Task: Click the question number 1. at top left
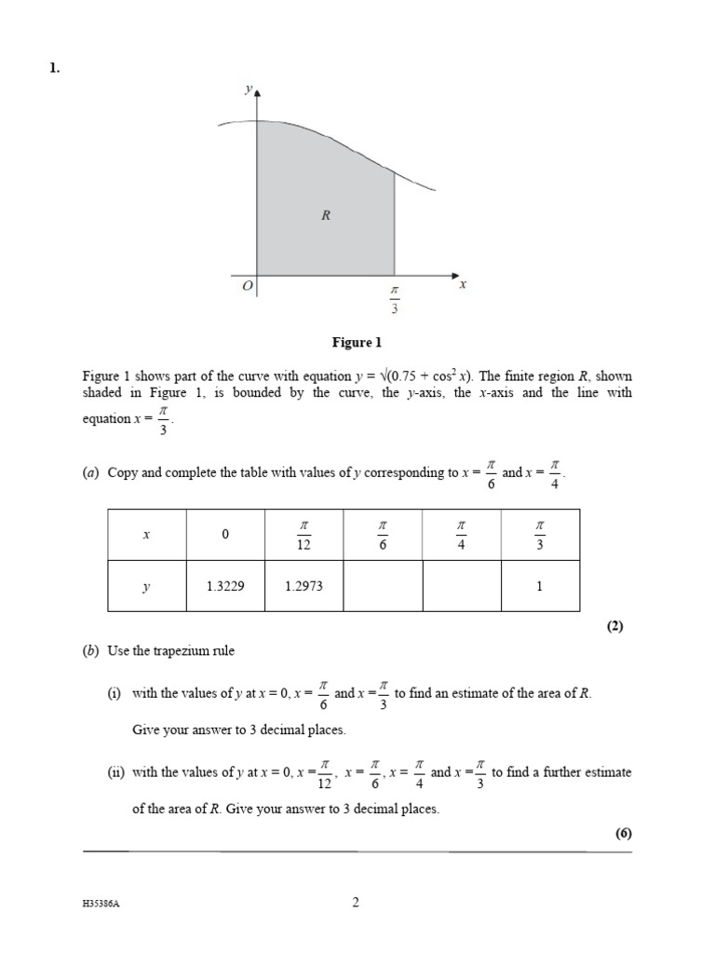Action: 54,66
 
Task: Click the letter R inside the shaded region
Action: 326,215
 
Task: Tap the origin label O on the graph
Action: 247,288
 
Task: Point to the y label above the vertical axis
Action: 248,89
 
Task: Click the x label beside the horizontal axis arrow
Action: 463,285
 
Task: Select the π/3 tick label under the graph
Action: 394,301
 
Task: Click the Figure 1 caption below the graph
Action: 357,343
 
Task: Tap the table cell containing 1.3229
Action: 225,586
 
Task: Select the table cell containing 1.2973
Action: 304,586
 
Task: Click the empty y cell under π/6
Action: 383,586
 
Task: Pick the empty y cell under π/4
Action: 461,586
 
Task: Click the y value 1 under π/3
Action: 539,586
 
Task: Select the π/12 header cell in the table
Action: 304,535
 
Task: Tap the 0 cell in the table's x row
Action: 225,535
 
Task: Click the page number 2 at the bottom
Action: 356,902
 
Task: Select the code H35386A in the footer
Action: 101,904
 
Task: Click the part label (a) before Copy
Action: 92,472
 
